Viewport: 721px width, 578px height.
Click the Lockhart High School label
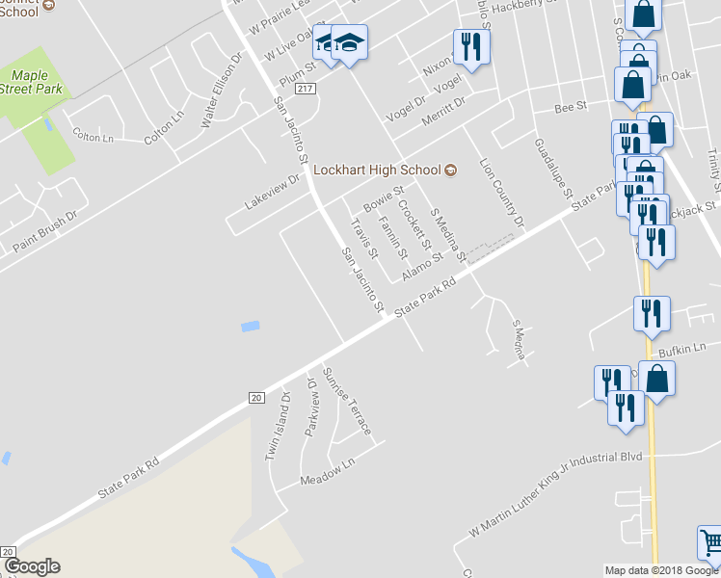(378, 170)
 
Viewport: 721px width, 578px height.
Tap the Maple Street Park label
(40, 82)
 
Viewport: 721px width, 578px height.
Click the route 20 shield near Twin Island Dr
(255, 397)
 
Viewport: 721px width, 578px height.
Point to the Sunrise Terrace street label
(346, 401)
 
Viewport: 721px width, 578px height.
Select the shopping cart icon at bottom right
(709, 541)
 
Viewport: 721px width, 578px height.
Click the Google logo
(32, 567)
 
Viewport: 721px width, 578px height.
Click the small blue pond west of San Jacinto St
(250, 327)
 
